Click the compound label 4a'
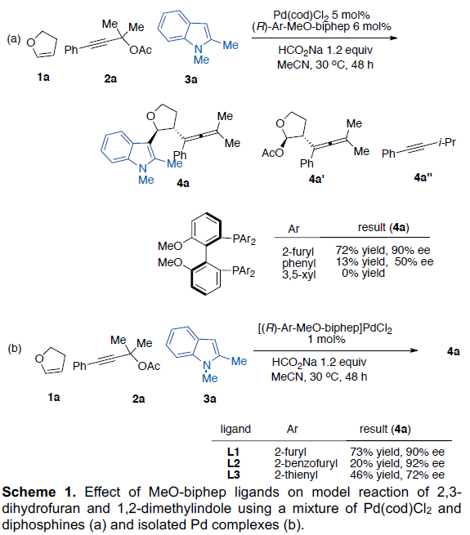click(316, 179)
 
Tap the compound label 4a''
click(423, 177)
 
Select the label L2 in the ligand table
click(234, 463)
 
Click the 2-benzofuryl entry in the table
click(306, 463)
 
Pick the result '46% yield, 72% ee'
click(397, 475)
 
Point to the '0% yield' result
click(364, 274)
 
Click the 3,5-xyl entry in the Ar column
click(299, 274)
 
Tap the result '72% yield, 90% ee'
click(383, 251)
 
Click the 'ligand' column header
click(235, 430)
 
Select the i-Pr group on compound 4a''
click(447, 142)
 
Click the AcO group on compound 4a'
click(272, 154)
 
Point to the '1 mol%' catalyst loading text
click(326, 340)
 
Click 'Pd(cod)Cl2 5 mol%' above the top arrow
click(321, 16)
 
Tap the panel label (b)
click(15, 348)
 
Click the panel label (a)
click(14, 39)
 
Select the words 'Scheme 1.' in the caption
click(39, 493)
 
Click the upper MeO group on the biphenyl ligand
click(170, 246)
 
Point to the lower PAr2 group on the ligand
click(244, 272)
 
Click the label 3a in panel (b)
click(210, 399)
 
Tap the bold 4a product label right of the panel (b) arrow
click(454, 351)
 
